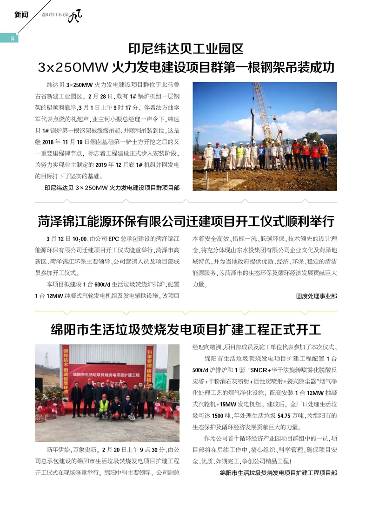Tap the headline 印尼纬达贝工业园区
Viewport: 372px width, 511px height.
[186, 48]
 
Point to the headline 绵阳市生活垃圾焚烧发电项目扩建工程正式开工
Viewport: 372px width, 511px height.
[186, 330]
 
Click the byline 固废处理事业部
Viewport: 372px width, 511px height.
[316, 295]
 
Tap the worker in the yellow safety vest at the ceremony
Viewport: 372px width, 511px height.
[103, 406]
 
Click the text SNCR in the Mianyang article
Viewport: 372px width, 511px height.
[259, 371]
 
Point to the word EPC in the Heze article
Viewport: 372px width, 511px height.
[114, 239]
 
